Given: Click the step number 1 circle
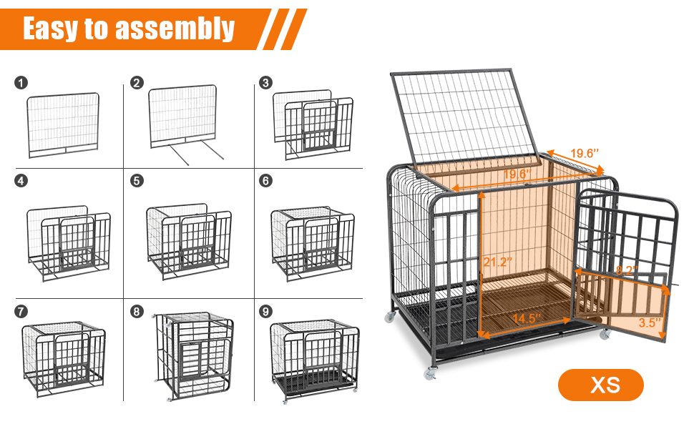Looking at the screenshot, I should click(21, 83).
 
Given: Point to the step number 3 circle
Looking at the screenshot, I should click(266, 83).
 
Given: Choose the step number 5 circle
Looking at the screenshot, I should click(137, 181).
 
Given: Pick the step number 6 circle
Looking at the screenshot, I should click(266, 181).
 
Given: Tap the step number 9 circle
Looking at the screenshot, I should click(266, 312).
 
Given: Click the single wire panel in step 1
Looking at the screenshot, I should click(63, 125).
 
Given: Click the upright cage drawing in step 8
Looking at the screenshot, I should click(195, 355).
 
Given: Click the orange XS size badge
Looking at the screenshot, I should click(601, 386).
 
